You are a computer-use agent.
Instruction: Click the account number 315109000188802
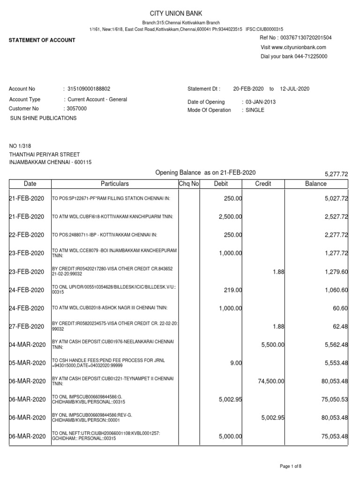pos(89,89)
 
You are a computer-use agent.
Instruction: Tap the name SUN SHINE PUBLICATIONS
pos(44,119)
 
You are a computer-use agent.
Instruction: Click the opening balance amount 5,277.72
pos(336,174)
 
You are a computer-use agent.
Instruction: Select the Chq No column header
pos(189,184)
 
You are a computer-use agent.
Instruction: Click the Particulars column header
pos(114,184)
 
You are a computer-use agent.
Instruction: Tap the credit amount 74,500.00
pos(271,382)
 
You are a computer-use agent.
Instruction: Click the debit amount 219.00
pos(232,290)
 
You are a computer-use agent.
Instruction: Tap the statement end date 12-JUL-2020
pos(295,89)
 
